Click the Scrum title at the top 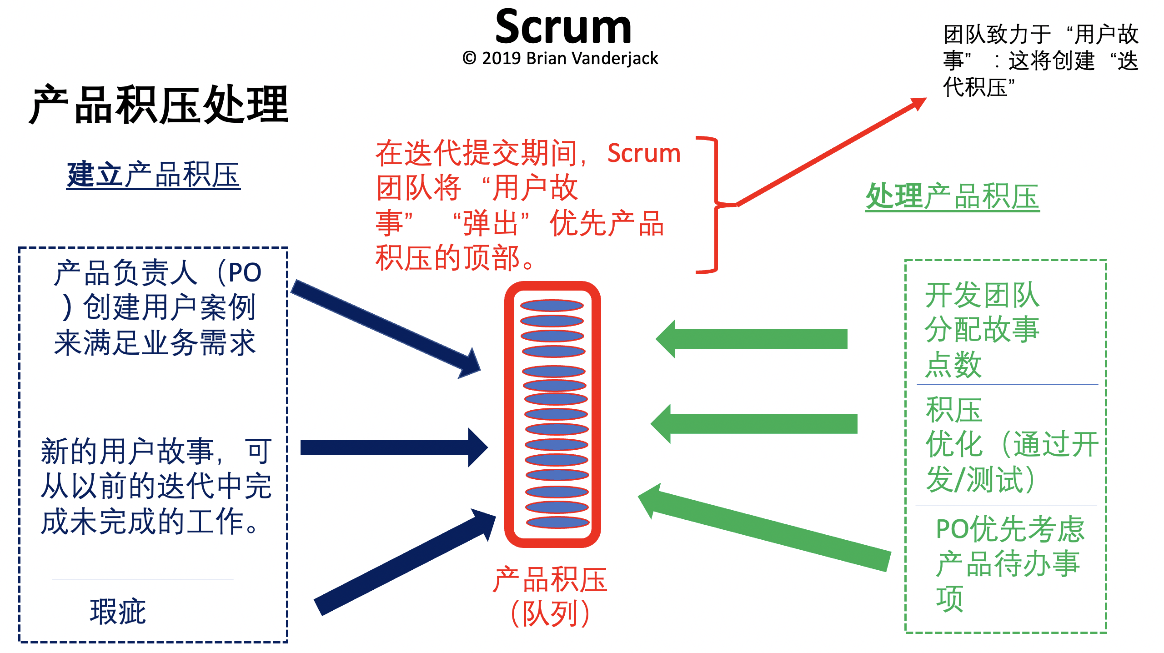[x=563, y=27]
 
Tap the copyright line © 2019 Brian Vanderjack [x=560, y=59]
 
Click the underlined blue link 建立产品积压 [x=153, y=175]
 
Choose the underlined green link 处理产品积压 [x=952, y=197]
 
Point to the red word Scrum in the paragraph [x=644, y=153]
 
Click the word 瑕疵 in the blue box [x=118, y=612]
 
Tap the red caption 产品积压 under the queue [x=550, y=580]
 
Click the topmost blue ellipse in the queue [x=552, y=305]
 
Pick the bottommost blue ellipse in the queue [x=557, y=522]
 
